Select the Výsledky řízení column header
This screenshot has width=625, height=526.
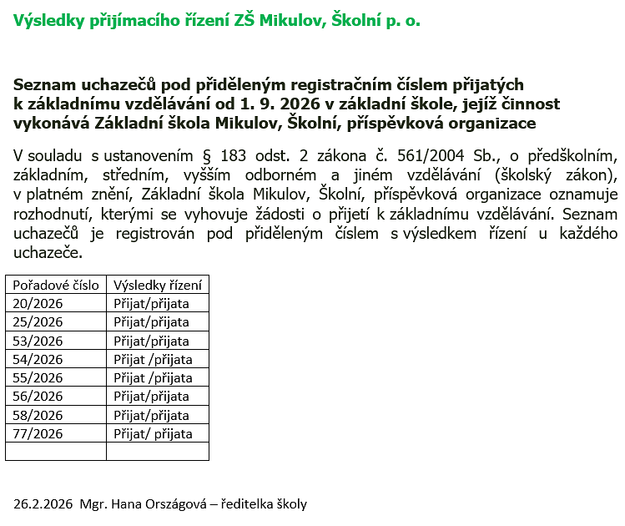[156, 285]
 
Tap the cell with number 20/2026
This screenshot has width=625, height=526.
[38, 303]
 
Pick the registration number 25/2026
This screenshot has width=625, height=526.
[38, 321]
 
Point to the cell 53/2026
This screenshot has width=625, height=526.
[38, 341]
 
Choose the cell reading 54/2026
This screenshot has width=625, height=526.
[38, 359]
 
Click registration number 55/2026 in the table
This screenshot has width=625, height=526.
[38, 377]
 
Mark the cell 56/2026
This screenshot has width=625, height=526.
[38, 396]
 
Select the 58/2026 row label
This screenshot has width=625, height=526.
[38, 415]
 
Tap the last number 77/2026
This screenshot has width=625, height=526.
[38, 433]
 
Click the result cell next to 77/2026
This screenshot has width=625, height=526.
[153, 433]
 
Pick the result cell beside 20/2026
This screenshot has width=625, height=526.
[151, 303]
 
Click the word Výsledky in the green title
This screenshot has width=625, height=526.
[48, 21]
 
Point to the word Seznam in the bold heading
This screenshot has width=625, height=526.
[44, 84]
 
